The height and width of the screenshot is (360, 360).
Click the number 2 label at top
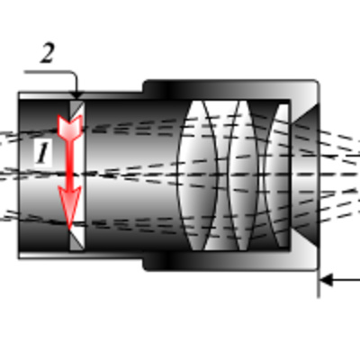click(48, 53)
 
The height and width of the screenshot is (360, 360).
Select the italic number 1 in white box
click(42, 153)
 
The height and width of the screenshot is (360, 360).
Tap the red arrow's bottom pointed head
click(69, 207)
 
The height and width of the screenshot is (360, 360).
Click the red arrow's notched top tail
click(70, 126)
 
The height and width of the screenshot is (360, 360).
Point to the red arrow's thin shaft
click(69, 162)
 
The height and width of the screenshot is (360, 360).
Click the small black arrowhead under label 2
click(77, 95)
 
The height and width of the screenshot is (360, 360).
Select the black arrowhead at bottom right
click(327, 280)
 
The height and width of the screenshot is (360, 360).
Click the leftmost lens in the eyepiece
click(197, 175)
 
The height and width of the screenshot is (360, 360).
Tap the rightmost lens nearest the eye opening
click(277, 175)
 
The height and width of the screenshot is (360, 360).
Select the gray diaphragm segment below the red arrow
click(76, 239)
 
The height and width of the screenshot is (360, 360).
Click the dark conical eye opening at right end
click(304, 175)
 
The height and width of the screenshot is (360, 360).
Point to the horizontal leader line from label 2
click(48, 72)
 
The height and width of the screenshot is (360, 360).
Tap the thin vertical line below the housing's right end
click(319, 283)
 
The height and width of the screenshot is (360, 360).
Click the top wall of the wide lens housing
click(231, 89)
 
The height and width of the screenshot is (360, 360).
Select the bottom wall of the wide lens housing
click(231, 261)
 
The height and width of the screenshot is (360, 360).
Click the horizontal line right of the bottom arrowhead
click(346, 281)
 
